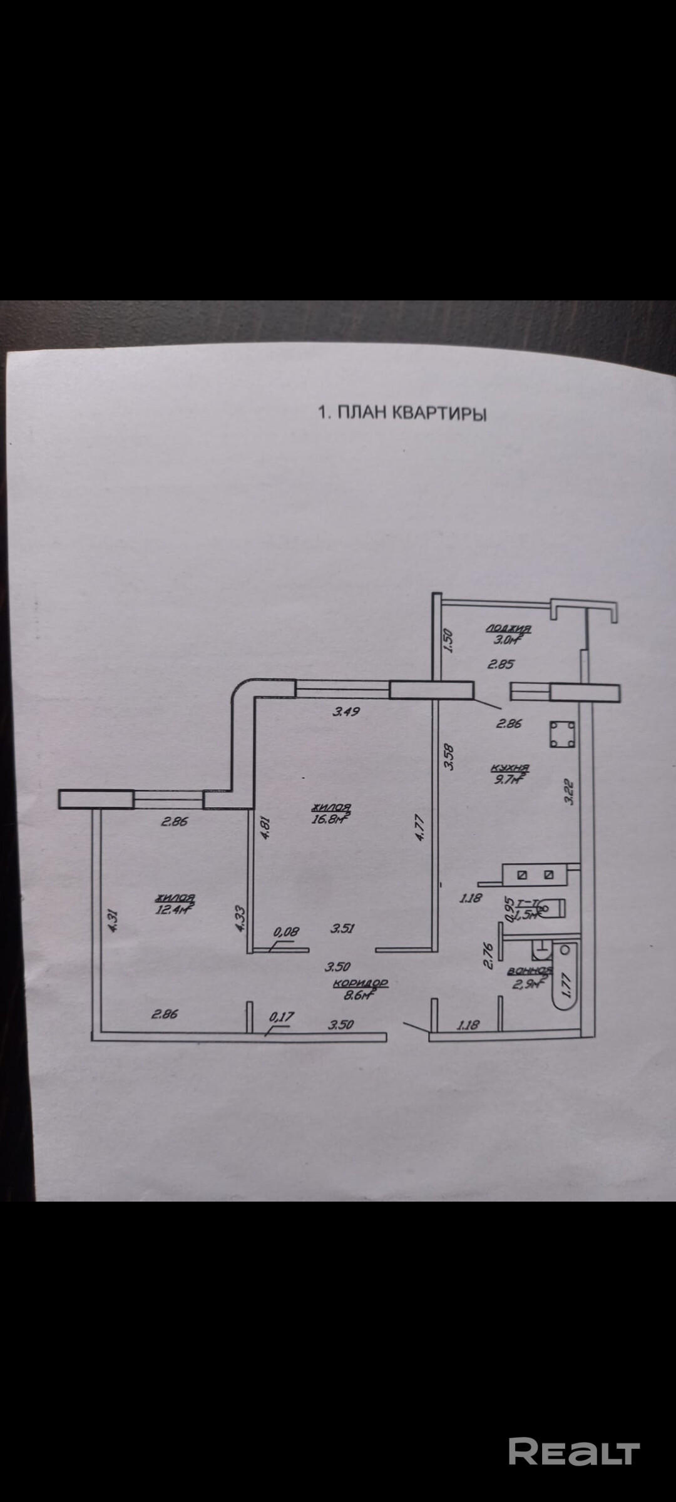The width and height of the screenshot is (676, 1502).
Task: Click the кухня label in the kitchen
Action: click(510, 768)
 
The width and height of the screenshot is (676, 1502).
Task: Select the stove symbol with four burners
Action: click(562, 734)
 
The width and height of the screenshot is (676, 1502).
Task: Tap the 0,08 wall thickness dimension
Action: click(286, 931)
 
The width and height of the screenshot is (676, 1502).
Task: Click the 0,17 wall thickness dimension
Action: click(281, 1017)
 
